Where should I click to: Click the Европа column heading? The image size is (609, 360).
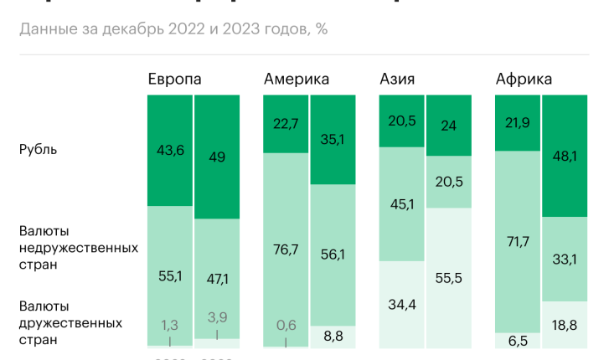(x=174, y=80)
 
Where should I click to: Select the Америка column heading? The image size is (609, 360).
(x=296, y=80)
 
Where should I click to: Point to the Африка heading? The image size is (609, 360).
(x=524, y=80)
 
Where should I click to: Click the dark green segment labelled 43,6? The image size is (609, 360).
(x=169, y=151)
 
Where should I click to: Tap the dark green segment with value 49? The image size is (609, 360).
(x=217, y=157)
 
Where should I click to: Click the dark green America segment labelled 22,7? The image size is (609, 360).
(x=286, y=124)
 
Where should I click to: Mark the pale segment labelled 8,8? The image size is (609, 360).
(x=333, y=336)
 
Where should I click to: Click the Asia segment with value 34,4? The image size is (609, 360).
(x=401, y=305)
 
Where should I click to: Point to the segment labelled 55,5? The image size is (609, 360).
(x=448, y=278)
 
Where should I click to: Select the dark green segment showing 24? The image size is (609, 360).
(x=448, y=126)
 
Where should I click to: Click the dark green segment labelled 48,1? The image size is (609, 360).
(x=565, y=156)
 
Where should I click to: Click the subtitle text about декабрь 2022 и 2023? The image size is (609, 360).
(x=173, y=29)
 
